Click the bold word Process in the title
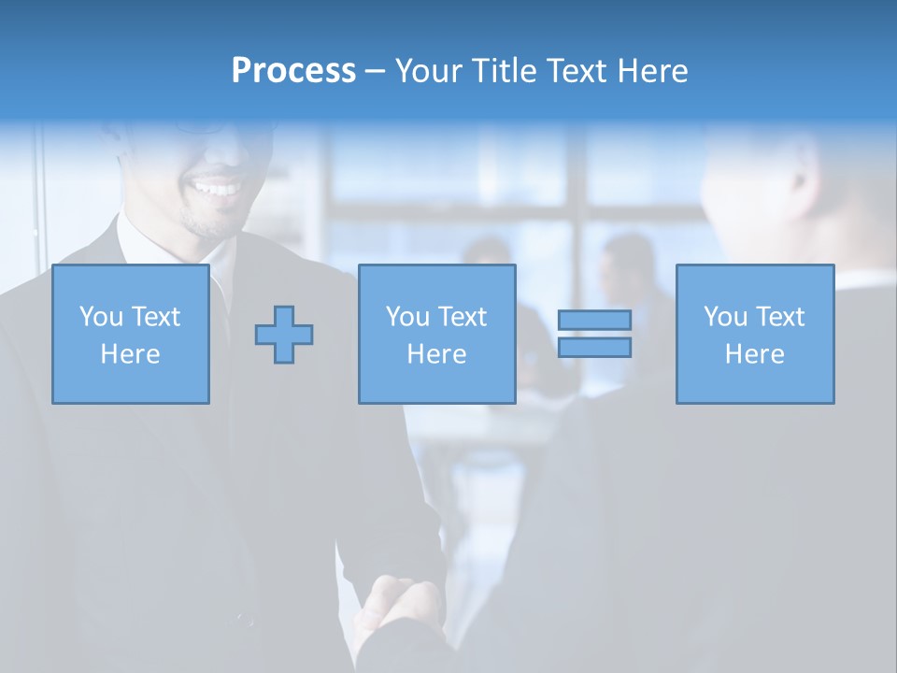click(x=293, y=71)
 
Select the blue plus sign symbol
click(x=284, y=334)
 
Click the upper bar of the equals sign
click(x=594, y=320)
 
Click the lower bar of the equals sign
click(x=594, y=347)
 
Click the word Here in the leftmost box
click(x=130, y=354)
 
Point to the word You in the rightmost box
click(x=726, y=317)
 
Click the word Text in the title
click(x=577, y=71)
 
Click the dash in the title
click(x=375, y=72)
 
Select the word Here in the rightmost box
click(x=754, y=354)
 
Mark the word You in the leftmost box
click(x=102, y=317)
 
